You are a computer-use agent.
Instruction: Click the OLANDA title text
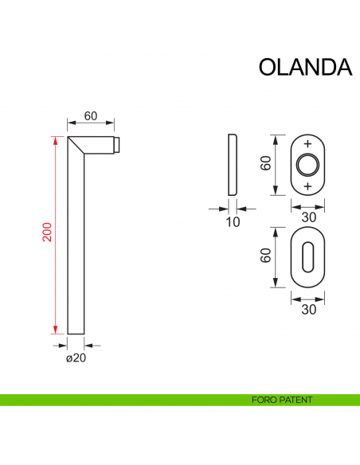(305, 67)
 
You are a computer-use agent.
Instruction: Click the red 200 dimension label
(47, 233)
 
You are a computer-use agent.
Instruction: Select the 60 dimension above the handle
(91, 115)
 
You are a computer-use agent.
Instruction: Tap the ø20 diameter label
(76, 358)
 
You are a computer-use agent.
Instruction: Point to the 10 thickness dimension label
(233, 222)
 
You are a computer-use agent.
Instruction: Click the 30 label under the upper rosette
(309, 217)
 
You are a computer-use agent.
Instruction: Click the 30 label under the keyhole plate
(309, 311)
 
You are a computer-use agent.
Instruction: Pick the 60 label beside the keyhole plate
(265, 256)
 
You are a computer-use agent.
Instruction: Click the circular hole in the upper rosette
(307, 166)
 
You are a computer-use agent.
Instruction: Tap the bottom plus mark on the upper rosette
(308, 186)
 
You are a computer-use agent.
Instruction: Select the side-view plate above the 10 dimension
(232, 165)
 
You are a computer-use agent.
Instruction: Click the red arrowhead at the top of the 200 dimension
(56, 142)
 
